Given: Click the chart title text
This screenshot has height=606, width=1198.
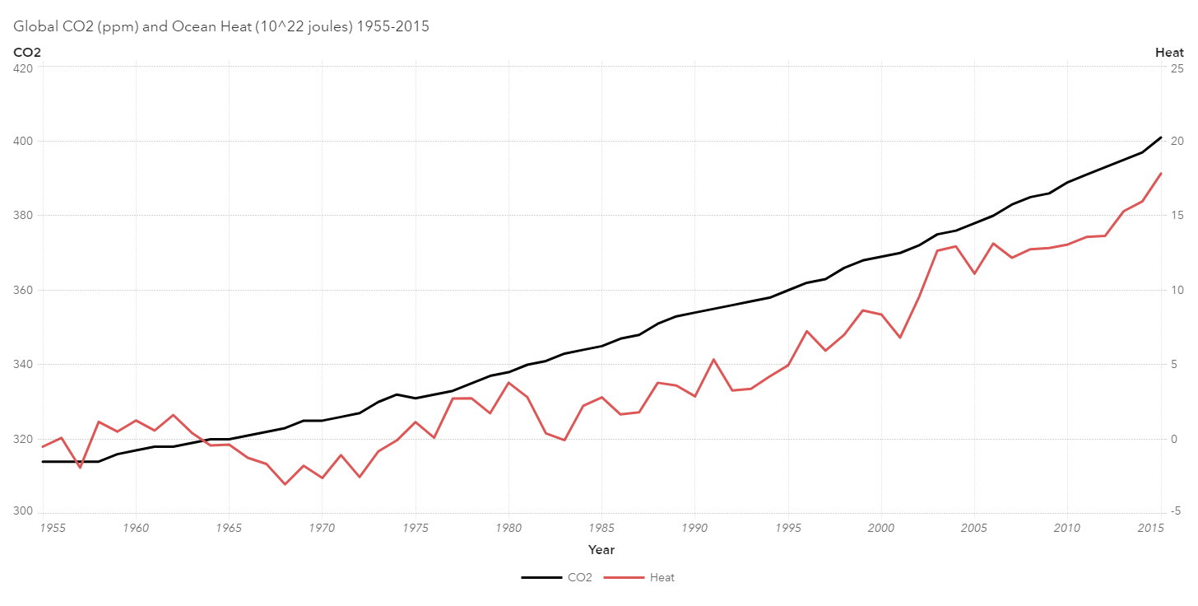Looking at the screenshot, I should pyautogui.click(x=221, y=26).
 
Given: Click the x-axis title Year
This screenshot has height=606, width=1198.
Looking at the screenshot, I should pyautogui.click(x=601, y=550).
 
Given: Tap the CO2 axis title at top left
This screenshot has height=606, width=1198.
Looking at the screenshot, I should pyautogui.click(x=27, y=53).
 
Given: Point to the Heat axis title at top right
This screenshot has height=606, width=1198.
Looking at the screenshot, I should pyautogui.click(x=1169, y=53).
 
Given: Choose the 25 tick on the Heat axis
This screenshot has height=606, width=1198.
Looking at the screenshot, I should pyautogui.click(x=1177, y=68).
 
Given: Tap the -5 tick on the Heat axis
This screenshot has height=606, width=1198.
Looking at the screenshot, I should pyautogui.click(x=1176, y=512).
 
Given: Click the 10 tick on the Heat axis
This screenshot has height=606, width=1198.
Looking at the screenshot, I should pyautogui.click(x=1177, y=291).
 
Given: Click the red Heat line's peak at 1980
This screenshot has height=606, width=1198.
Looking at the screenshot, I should pyautogui.click(x=508, y=383).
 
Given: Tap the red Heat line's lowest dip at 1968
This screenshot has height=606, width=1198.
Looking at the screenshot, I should pyautogui.click(x=285, y=484).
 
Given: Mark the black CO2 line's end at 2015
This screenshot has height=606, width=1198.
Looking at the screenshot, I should pyautogui.click(x=1160, y=138).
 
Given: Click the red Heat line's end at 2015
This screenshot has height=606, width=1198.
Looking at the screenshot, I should pyautogui.click(x=1160, y=174).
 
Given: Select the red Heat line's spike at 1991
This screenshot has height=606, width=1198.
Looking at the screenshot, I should pyautogui.click(x=713, y=360).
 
